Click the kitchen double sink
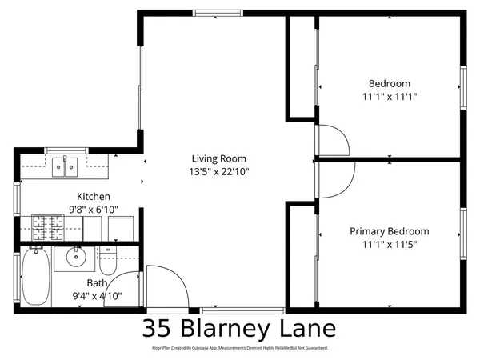coord(64,167)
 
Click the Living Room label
coord(218,158)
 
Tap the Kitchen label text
coord(94,197)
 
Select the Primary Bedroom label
coord(390,231)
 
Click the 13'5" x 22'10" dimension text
coord(218,171)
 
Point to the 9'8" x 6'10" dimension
coord(94,210)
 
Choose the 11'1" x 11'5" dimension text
coord(390,244)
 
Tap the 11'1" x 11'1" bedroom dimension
coord(390,96)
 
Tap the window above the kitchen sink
coord(65,149)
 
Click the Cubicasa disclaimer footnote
coord(240,349)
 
